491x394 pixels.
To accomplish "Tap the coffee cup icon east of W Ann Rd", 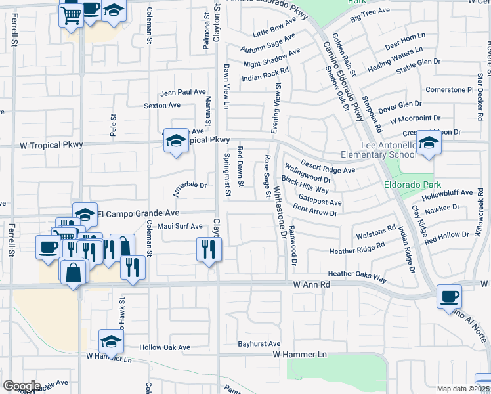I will (x=449, y=296).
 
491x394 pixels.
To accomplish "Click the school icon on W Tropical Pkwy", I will (x=175, y=141).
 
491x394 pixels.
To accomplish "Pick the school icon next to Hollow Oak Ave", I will (x=111, y=341).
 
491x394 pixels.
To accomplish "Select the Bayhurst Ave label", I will (x=259, y=343).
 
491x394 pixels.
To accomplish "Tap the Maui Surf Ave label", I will (x=180, y=226).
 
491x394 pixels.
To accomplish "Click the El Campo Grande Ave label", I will (x=138, y=213).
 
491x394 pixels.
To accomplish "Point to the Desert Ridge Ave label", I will (x=328, y=166).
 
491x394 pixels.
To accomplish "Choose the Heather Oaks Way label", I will (x=357, y=275).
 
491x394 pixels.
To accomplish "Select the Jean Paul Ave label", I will (x=183, y=93).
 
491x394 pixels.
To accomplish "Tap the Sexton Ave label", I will (x=162, y=105).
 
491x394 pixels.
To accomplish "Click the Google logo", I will (x=22, y=386).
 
